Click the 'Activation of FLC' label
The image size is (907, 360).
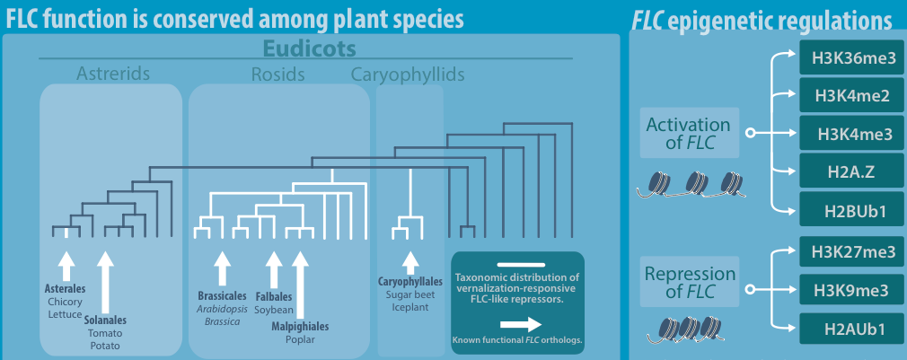coord(688,134)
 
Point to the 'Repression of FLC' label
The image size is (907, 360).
coord(689,282)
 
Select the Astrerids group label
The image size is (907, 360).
coord(112,73)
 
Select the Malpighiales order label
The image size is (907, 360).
coord(300,327)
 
